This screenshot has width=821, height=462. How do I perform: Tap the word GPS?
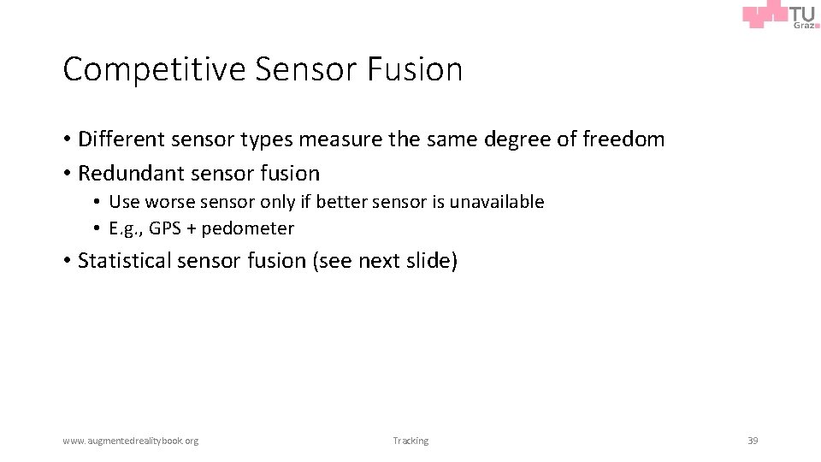pos(164,228)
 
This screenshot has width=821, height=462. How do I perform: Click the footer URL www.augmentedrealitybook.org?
pos(130,441)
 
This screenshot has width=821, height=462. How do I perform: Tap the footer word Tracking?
pos(410,441)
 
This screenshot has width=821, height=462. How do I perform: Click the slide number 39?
pos(753,441)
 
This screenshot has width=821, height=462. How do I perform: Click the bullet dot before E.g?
pos(98,228)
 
